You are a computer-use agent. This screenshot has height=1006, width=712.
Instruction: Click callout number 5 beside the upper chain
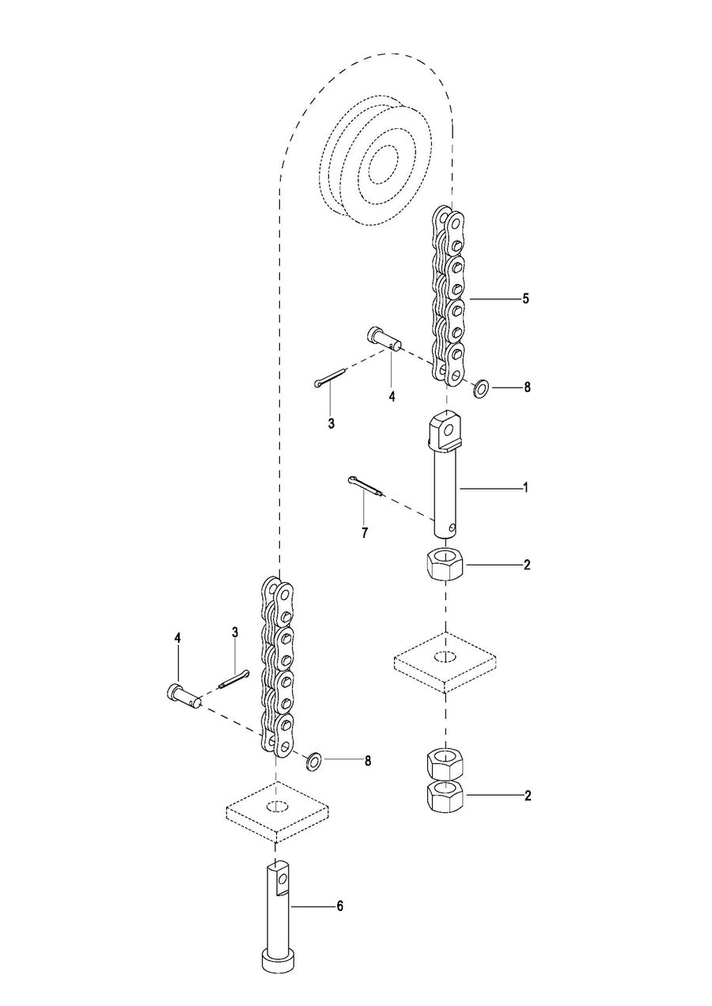click(526, 299)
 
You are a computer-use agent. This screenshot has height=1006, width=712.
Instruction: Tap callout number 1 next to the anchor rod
click(525, 487)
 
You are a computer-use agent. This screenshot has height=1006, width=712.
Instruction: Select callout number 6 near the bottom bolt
click(339, 906)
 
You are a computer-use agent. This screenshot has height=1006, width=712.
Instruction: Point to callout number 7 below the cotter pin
click(365, 533)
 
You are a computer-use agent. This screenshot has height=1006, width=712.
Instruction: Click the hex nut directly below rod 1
click(445, 564)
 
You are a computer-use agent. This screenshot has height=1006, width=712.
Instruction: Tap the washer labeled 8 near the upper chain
click(482, 387)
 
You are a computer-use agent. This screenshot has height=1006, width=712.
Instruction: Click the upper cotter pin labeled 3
click(329, 376)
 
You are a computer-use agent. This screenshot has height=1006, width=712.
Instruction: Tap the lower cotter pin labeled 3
click(233, 678)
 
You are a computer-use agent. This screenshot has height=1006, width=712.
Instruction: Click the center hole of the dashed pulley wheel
click(383, 164)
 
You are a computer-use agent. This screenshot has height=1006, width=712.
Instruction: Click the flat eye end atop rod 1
click(445, 432)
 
